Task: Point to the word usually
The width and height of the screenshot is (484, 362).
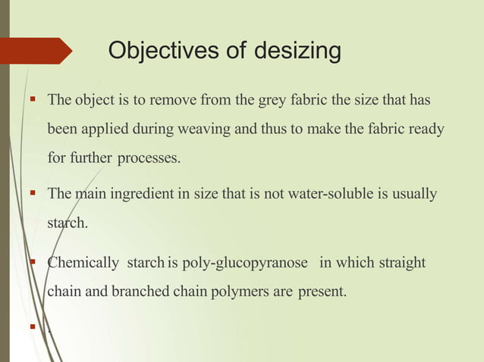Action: [416, 195]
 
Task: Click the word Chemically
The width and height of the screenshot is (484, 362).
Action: [83, 263]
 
